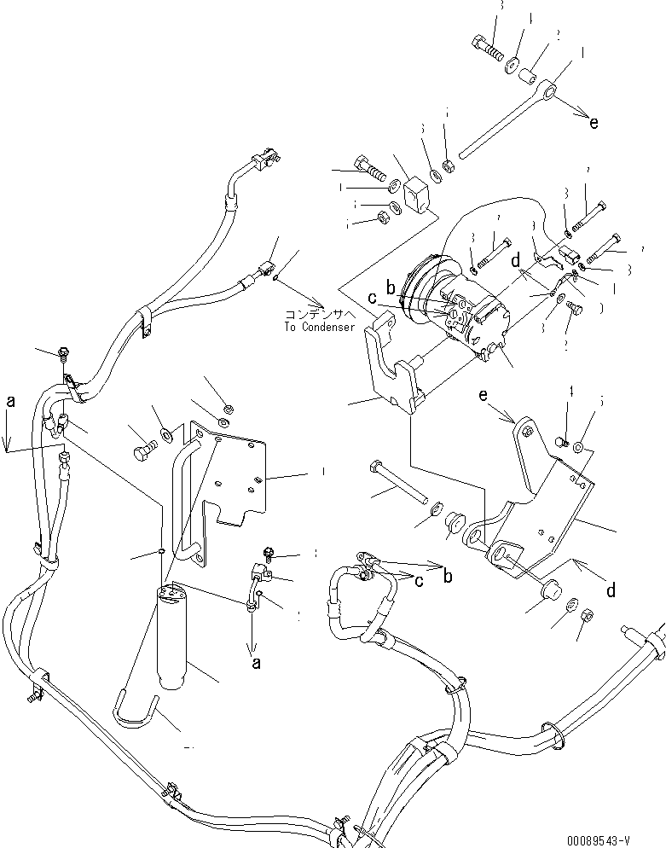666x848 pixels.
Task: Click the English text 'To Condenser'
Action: [x=320, y=327]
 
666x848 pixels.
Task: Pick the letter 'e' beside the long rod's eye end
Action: [x=594, y=123]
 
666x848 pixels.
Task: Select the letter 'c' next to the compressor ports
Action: [x=372, y=297]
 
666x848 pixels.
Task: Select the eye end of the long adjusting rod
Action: [x=548, y=89]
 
